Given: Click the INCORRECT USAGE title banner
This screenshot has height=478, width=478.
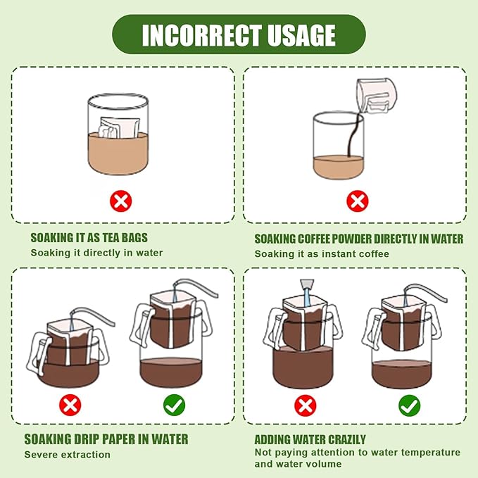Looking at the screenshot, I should point(239,34).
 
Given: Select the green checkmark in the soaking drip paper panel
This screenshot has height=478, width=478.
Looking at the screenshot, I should point(174,405).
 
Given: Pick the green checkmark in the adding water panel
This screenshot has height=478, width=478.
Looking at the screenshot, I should point(409,405).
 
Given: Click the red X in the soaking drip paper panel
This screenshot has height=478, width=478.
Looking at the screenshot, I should point(70,405).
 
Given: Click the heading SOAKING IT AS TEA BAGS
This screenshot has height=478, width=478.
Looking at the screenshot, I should point(89,238).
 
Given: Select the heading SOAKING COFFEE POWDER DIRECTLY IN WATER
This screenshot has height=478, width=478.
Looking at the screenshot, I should point(358,239).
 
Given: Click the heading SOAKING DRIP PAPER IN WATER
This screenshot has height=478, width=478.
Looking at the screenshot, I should point(106,439).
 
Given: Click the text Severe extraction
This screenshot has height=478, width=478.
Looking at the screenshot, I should point(68,455).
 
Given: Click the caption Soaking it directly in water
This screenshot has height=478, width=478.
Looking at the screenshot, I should point(96,253).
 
